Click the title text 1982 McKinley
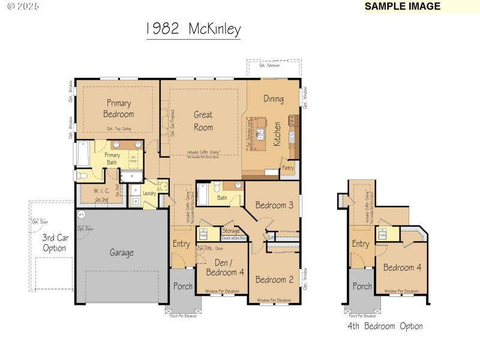pyautogui.click(x=193, y=29)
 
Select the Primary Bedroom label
pyautogui.click(x=119, y=109)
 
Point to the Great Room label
pyautogui.click(x=203, y=121)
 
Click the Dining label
pyautogui.click(x=273, y=99)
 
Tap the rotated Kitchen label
pyautogui.click(x=277, y=134)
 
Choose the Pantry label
pyautogui.click(x=288, y=168)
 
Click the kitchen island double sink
pyautogui.click(x=261, y=133)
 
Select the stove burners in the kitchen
pyautogui.click(x=292, y=137)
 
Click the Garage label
pyautogui.click(x=121, y=253)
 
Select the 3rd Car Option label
pyautogui.click(x=53, y=243)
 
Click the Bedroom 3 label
pyautogui.click(x=274, y=205)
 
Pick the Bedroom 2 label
pyautogui.click(x=274, y=279)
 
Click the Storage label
pyautogui.click(x=230, y=231)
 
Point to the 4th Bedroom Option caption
pyautogui.click(x=385, y=326)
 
